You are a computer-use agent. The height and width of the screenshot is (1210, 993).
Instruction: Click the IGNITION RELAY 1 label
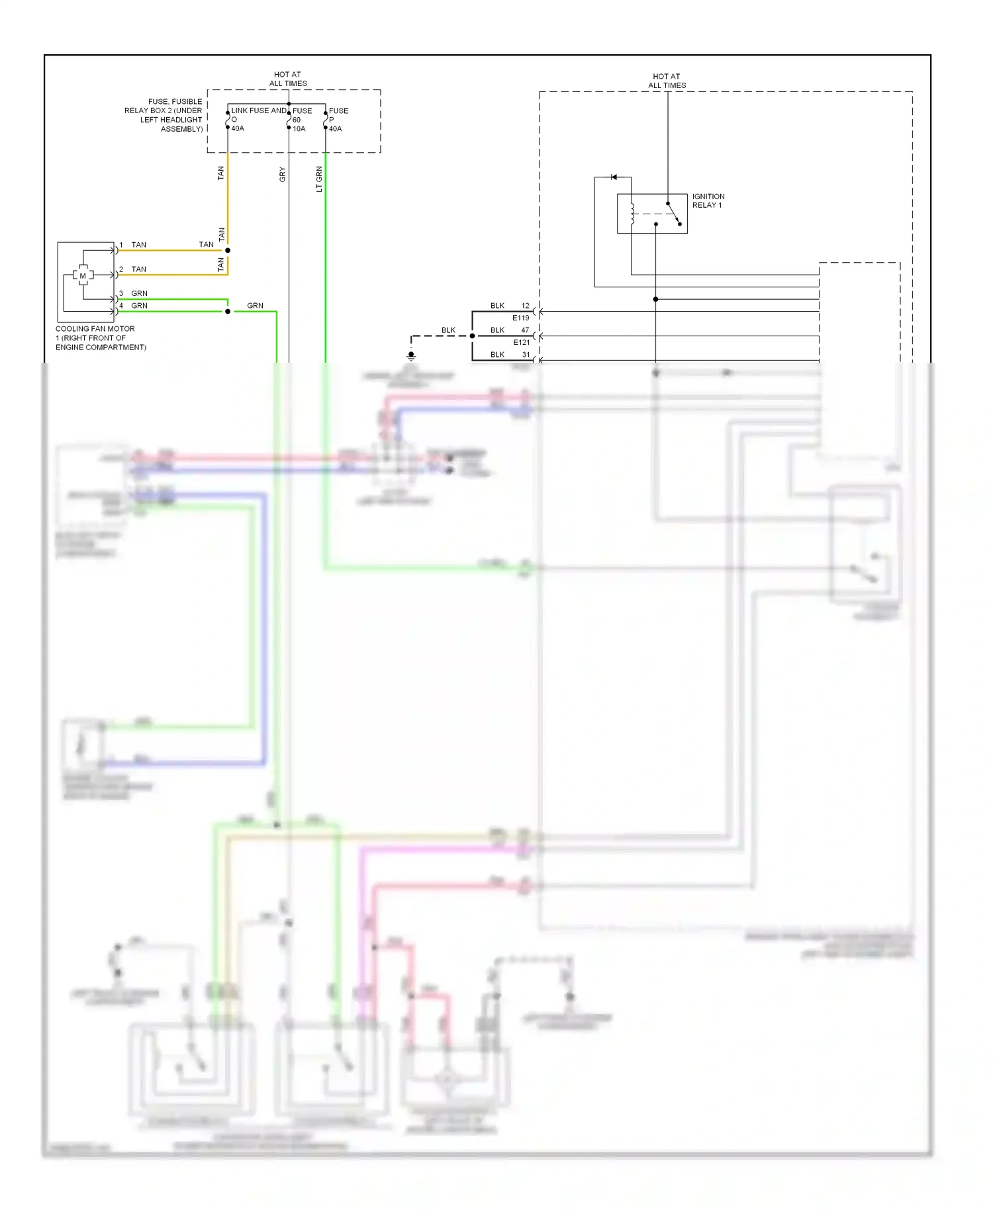click(x=708, y=201)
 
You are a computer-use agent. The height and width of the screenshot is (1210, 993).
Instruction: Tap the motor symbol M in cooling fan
click(x=83, y=275)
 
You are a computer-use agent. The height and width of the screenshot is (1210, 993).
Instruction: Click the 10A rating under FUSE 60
click(x=299, y=129)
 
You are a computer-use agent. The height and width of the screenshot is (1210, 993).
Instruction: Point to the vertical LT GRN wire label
click(x=319, y=179)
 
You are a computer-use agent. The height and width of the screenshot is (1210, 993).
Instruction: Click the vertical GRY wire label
click(x=283, y=175)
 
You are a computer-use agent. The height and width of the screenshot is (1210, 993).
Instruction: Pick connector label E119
click(x=521, y=318)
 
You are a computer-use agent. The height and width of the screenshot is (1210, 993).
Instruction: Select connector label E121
click(x=522, y=342)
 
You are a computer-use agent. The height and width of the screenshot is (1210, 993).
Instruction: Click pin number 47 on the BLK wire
click(x=525, y=330)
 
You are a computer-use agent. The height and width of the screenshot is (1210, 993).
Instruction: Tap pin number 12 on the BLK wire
click(x=525, y=306)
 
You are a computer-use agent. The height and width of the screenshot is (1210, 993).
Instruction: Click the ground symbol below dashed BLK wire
click(x=411, y=355)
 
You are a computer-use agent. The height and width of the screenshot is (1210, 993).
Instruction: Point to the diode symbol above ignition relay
click(x=614, y=177)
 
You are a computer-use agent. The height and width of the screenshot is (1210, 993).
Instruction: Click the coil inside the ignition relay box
click(x=632, y=214)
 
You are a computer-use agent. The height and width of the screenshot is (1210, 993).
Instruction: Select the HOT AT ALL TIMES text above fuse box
click(x=288, y=79)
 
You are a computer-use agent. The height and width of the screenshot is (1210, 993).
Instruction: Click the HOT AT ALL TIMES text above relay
click(x=667, y=81)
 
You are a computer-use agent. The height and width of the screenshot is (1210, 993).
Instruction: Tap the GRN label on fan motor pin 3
click(x=139, y=293)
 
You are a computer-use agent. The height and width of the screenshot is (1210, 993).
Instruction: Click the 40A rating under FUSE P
click(x=336, y=129)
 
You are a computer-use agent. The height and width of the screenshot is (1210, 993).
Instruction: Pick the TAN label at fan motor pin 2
click(x=138, y=269)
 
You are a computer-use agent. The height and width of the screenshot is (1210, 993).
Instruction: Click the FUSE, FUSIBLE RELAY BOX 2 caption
click(x=164, y=115)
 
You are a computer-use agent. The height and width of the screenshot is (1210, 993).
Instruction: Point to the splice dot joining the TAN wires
click(x=228, y=250)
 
